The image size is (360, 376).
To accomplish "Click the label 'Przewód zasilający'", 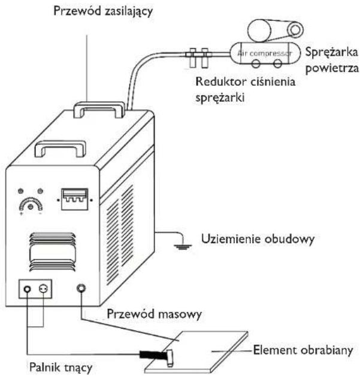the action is [103, 11].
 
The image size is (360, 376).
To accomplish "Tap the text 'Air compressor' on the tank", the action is [265, 53].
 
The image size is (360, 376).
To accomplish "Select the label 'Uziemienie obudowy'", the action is [258, 239].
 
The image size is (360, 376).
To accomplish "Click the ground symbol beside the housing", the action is [183, 246].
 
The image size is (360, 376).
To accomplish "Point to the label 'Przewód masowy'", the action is [154, 314].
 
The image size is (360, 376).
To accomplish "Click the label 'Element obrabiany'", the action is [303, 350].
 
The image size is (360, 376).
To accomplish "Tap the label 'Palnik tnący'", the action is [60, 368].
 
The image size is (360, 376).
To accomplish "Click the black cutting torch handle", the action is [152, 354].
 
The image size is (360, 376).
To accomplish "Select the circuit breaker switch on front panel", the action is [75, 199].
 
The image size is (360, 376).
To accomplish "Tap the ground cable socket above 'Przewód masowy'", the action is [81, 288].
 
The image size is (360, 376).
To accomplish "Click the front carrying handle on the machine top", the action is [60, 148].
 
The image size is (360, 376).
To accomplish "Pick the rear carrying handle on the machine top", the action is [99, 110].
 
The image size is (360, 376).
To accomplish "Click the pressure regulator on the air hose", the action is [199, 57].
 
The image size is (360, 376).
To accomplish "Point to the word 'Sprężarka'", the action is [331, 53].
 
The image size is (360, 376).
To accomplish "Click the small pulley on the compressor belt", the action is [295, 30].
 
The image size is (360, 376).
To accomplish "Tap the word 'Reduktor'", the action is [221, 82].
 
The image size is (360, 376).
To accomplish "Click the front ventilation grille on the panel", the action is [53, 252].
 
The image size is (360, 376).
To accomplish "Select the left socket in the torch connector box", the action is [28, 289].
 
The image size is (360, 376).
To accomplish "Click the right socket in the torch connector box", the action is [43, 289].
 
